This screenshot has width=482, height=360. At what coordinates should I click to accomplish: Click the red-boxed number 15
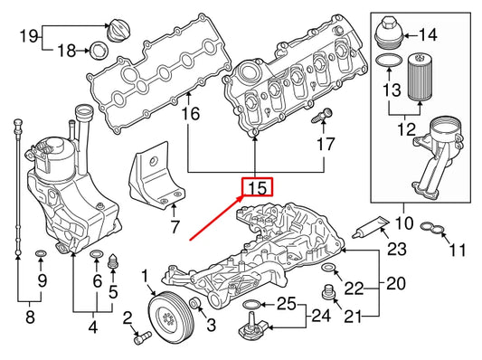click(257, 187)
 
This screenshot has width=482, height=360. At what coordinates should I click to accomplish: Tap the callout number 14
click(427, 36)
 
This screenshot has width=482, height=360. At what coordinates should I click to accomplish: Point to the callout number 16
click(189, 114)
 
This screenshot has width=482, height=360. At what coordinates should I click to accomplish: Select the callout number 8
click(29, 318)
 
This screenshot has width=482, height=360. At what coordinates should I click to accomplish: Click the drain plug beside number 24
click(248, 328)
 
